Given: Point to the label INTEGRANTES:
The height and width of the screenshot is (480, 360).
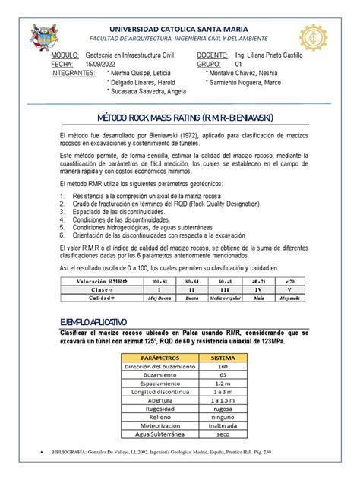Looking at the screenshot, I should [73, 74].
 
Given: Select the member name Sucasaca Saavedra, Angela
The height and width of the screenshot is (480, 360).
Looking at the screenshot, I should [149, 90].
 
